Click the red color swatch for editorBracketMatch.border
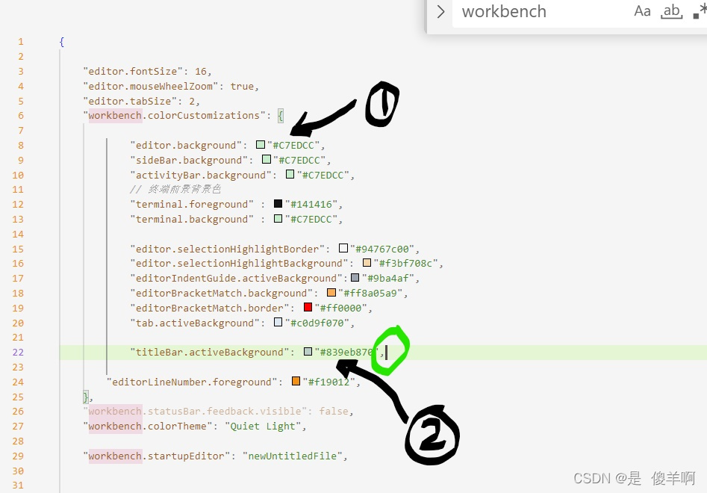click(x=308, y=308)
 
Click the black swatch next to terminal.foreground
click(x=278, y=204)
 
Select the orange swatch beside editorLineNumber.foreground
click(x=296, y=382)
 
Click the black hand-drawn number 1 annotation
click(x=381, y=104)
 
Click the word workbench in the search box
click(x=504, y=12)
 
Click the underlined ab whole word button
click(x=672, y=11)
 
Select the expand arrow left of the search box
click(x=441, y=12)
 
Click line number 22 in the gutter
click(x=19, y=353)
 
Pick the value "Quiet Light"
click(x=266, y=427)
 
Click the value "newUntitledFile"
click(x=294, y=456)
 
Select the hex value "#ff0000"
click(x=343, y=308)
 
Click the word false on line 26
click(x=334, y=412)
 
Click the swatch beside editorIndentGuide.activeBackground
click(x=355, y=278)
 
